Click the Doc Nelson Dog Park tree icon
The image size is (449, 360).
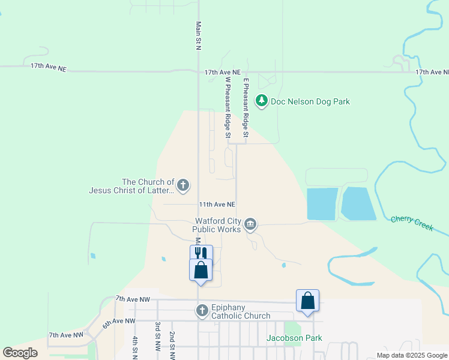[x=261, y=101]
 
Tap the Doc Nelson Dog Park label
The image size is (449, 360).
[x=310, y=101]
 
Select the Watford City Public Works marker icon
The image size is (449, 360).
[x=251, y=225]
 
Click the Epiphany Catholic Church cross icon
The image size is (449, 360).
[x=202, y=310]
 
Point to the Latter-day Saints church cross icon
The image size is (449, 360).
[x=183, y=185]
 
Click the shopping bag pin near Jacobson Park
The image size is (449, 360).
[x=307, y=301]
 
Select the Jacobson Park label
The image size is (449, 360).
[x=294, y=338]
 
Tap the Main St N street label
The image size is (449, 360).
[x=198, y=36]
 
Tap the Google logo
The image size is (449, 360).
[x=20, y=352]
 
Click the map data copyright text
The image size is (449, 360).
[x=412, y=355]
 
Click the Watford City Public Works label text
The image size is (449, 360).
[x=217, y=225]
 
